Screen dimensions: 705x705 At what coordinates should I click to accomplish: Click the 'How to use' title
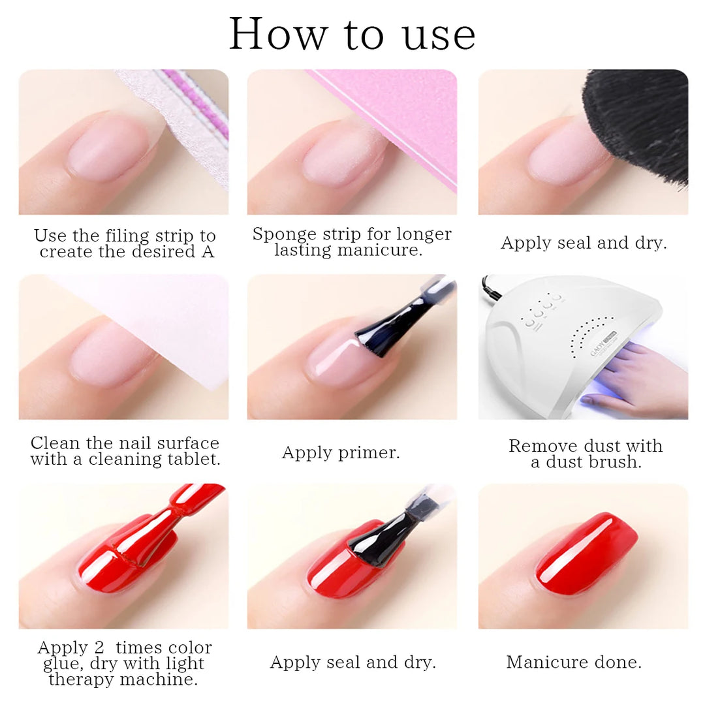[x=352, y=34]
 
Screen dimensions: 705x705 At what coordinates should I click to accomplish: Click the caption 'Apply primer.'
[x=341, y=453]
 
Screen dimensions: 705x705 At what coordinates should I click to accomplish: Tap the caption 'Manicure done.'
[x=574, y=662]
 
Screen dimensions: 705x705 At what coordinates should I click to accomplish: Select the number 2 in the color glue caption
[x=100, y=648]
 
